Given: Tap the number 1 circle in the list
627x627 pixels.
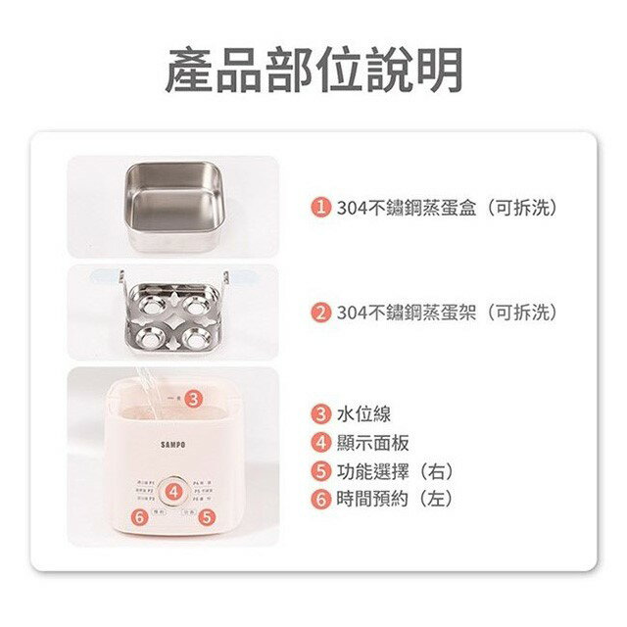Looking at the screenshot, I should tap(320, 208).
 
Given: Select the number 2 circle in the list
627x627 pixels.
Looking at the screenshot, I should tap(320, 313).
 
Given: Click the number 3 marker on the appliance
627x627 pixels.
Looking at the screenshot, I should tap(194, 399).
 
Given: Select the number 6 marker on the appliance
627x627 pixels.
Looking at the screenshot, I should tap(140, 517).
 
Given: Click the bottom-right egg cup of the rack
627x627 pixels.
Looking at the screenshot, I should tap(195, 338).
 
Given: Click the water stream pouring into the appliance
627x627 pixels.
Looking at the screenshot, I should tap(146, 387).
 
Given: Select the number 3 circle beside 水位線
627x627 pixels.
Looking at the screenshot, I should tap(320, 413).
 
